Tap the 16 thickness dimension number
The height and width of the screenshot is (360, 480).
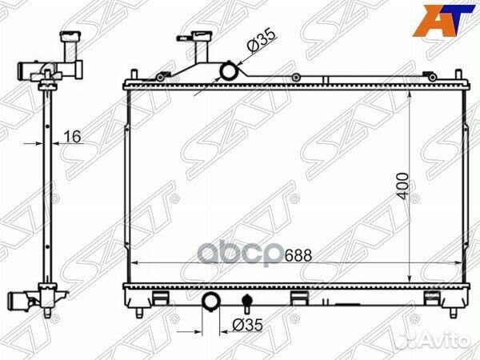72,137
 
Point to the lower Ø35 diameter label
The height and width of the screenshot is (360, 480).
245,326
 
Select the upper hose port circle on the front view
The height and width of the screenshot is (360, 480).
230,72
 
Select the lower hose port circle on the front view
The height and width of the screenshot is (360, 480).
212,302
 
